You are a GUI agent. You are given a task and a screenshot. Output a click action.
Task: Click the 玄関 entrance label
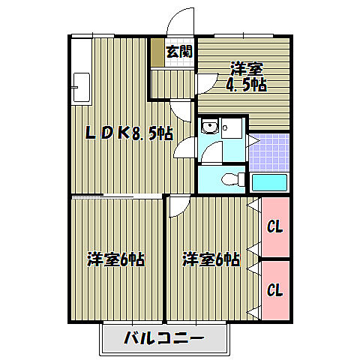[x=178, y=51]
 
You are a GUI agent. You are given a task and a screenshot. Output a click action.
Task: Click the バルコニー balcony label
[x=163, y=338]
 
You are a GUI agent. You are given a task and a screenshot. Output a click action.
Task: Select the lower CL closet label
[x=274, y=289]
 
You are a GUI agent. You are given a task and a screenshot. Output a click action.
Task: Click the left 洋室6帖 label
[x=115, y=260]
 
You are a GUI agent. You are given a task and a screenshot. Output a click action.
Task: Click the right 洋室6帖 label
[x=211, y=260]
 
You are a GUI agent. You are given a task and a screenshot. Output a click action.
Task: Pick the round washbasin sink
[x=209, y=127]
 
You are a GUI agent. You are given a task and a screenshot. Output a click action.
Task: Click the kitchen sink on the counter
[x=82, y=88]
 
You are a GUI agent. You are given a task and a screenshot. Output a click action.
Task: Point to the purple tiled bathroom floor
[x=268, y=151]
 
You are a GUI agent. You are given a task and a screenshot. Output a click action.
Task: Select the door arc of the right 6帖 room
[x=178, y=205]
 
